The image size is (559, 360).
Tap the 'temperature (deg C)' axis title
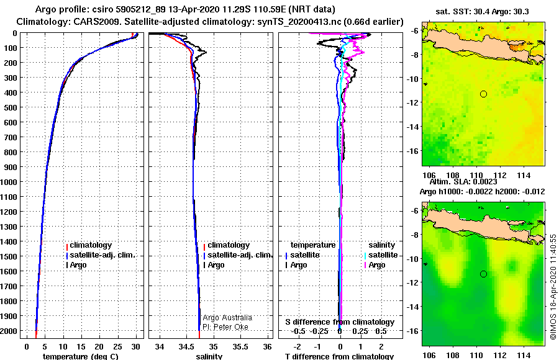tap(81, 356)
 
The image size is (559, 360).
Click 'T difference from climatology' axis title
tap(339, 356)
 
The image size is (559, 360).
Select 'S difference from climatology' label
tap(339, 322)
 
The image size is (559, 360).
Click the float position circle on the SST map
tap(483, 94)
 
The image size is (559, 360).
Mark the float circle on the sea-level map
tap(483, 274)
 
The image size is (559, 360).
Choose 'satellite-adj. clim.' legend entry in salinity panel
tap(240, 255)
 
